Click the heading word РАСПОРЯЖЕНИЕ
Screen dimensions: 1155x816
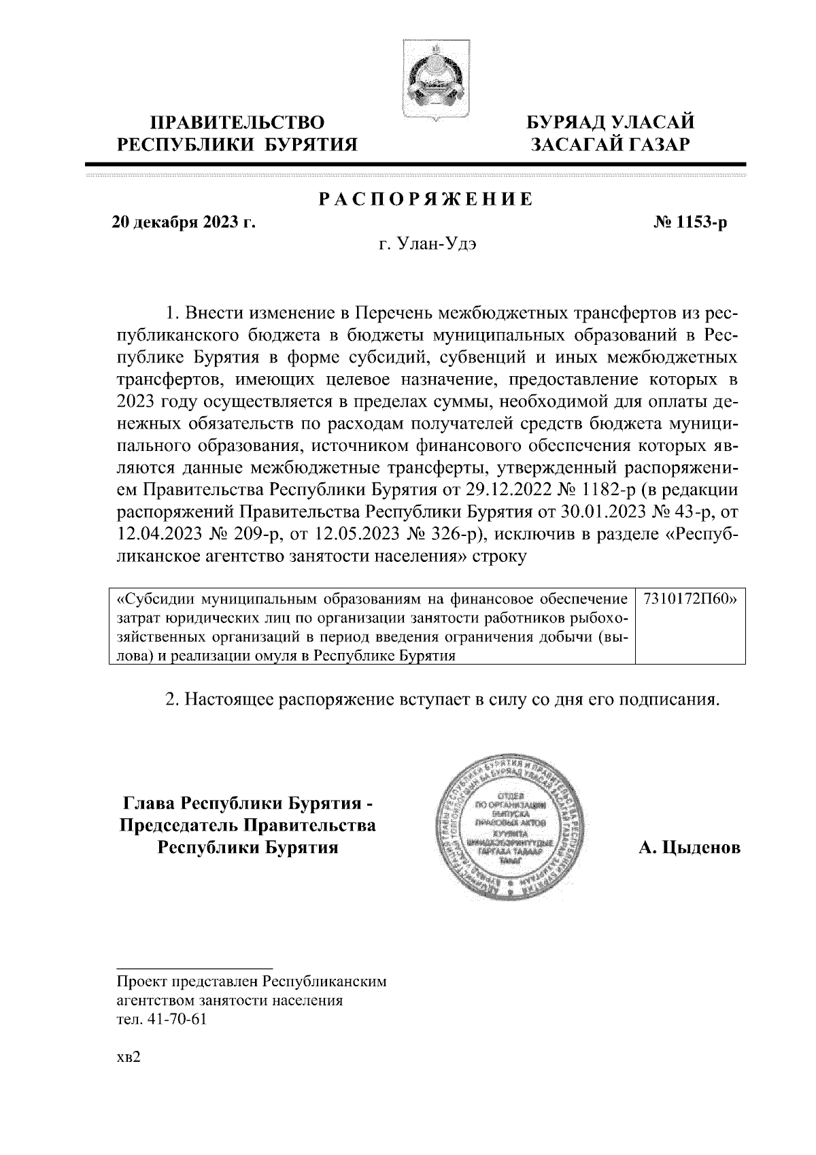[x=426, y=200]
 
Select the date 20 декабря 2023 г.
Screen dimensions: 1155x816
[x=183, y=222]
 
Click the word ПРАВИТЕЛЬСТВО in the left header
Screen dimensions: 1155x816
[x=237, y=123]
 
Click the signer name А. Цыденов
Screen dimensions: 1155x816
[x=689, y=848]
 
